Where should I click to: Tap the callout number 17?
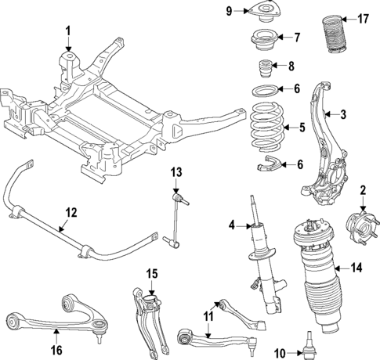362,18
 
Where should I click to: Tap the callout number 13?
176,172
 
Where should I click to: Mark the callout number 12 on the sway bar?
70,212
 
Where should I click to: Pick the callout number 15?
151,273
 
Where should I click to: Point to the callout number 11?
207,316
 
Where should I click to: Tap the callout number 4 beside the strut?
233,226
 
